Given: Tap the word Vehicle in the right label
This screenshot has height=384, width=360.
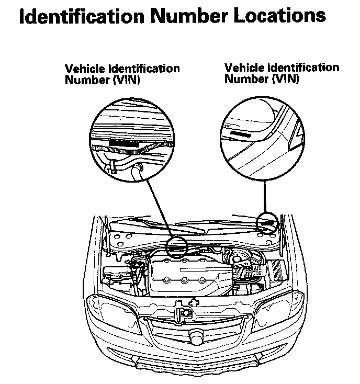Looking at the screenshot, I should pyautogui.click(x=243, y=67).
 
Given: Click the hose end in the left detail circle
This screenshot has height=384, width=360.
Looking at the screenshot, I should pyautogui.click(x=137, y=168).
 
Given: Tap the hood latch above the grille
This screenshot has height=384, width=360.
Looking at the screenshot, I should pyautogui.click(x=185, y=312).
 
